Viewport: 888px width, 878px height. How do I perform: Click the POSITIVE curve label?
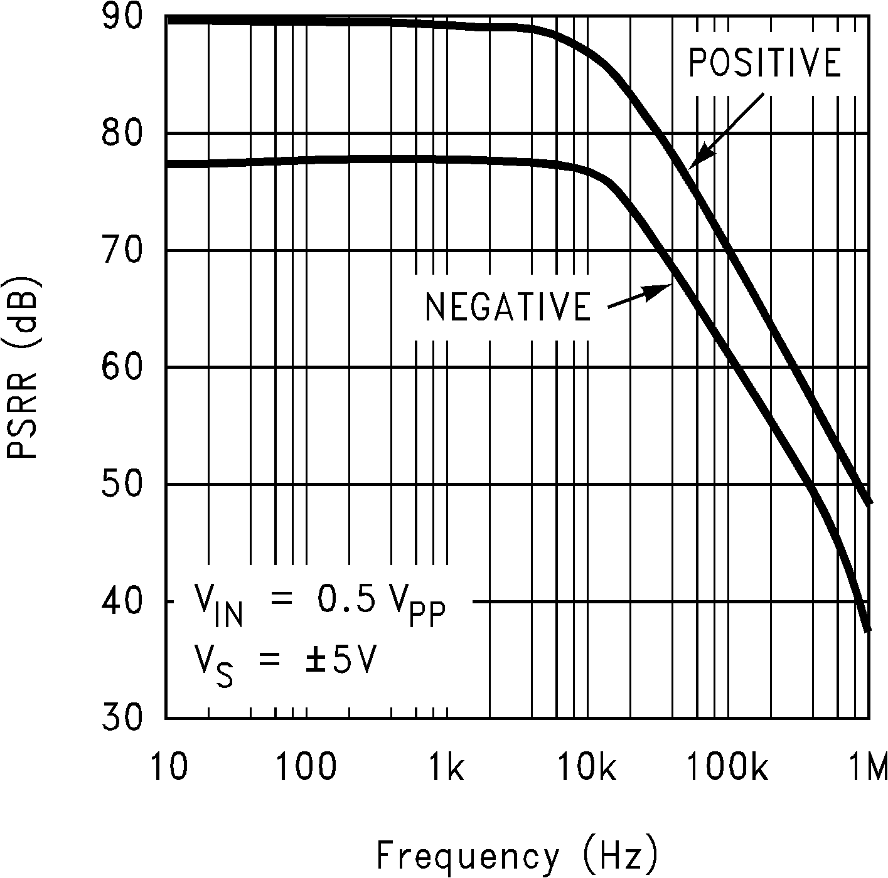click(764, 63)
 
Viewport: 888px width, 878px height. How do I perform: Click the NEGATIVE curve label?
click(508, 307)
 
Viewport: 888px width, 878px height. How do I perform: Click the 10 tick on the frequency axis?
click(169, 767)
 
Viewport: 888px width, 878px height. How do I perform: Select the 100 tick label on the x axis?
click(307, 767)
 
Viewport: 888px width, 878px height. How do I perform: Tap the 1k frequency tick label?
click(446, 767)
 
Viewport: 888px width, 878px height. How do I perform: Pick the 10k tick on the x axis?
click(587, 767)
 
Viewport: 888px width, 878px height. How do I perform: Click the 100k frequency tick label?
click(728, 767)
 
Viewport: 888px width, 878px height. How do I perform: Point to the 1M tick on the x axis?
click(867, 767)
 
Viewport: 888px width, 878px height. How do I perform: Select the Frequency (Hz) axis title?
click(517, 855)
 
